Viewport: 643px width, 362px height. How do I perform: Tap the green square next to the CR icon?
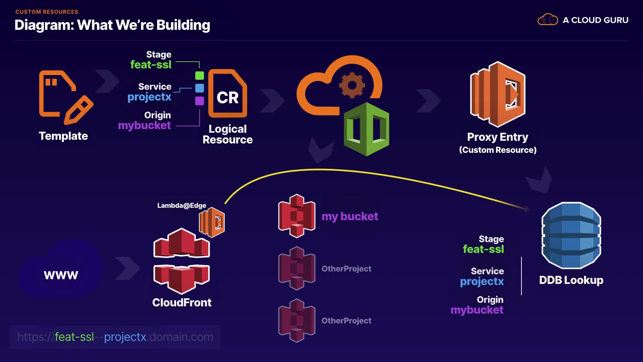pos(200,76)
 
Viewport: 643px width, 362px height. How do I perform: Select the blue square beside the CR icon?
pos(200,88)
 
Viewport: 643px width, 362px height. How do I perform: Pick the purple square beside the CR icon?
pos(200,101)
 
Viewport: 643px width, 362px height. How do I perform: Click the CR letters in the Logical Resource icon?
pos(228,98)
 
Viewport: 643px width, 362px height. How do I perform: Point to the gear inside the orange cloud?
pos(352,85)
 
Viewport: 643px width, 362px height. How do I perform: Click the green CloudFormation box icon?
pos(366,129)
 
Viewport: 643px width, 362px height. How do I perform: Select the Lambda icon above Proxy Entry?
pos(498,94)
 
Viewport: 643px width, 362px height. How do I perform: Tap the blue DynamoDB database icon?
pos(571,235)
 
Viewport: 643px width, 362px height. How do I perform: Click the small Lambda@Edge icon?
pos(212,222)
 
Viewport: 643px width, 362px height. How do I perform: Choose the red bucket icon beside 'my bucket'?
pos(297,216)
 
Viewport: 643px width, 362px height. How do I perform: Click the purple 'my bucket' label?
pos(350,216)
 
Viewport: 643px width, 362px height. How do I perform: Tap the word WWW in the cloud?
pos(61,275)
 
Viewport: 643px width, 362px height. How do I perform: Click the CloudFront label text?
pos(182,302)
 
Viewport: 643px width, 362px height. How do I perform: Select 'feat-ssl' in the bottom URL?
pos(74,337)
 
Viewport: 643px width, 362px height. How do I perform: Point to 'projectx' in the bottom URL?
pos(125,337)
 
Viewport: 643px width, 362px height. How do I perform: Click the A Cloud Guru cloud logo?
pos(548,20)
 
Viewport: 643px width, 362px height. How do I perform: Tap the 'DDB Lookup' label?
pos(571,280)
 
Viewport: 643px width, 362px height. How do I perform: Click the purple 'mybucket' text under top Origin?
pos(144,125)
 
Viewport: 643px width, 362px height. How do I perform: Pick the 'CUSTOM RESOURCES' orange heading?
pos(47,12)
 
